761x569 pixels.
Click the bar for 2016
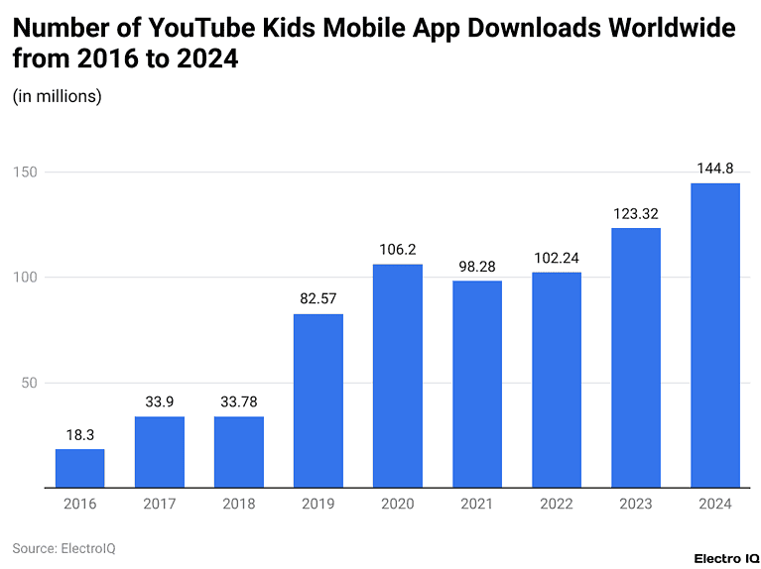click(x=79, y=468)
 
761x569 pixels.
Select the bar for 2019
click(x=317, y=400)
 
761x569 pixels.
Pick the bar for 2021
click(x=476, y=384)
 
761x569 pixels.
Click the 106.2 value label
click(x=397, y=250)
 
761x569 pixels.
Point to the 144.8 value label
click(x=714, y=169)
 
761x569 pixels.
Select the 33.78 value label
click(x=238, y=401)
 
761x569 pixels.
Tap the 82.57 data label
click(x=317, y=298)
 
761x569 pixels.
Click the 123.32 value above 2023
click(x=635, y=213)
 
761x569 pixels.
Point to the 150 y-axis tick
click(x=26, y=172)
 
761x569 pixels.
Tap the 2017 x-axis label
click(x=159, y=504)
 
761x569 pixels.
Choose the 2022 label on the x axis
click(x=556, y=504)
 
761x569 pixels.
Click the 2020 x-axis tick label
click(x=397, y=504)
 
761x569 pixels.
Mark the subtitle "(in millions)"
click(x=57, y=96)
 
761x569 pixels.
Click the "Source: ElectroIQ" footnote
click(x=63, y=547)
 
